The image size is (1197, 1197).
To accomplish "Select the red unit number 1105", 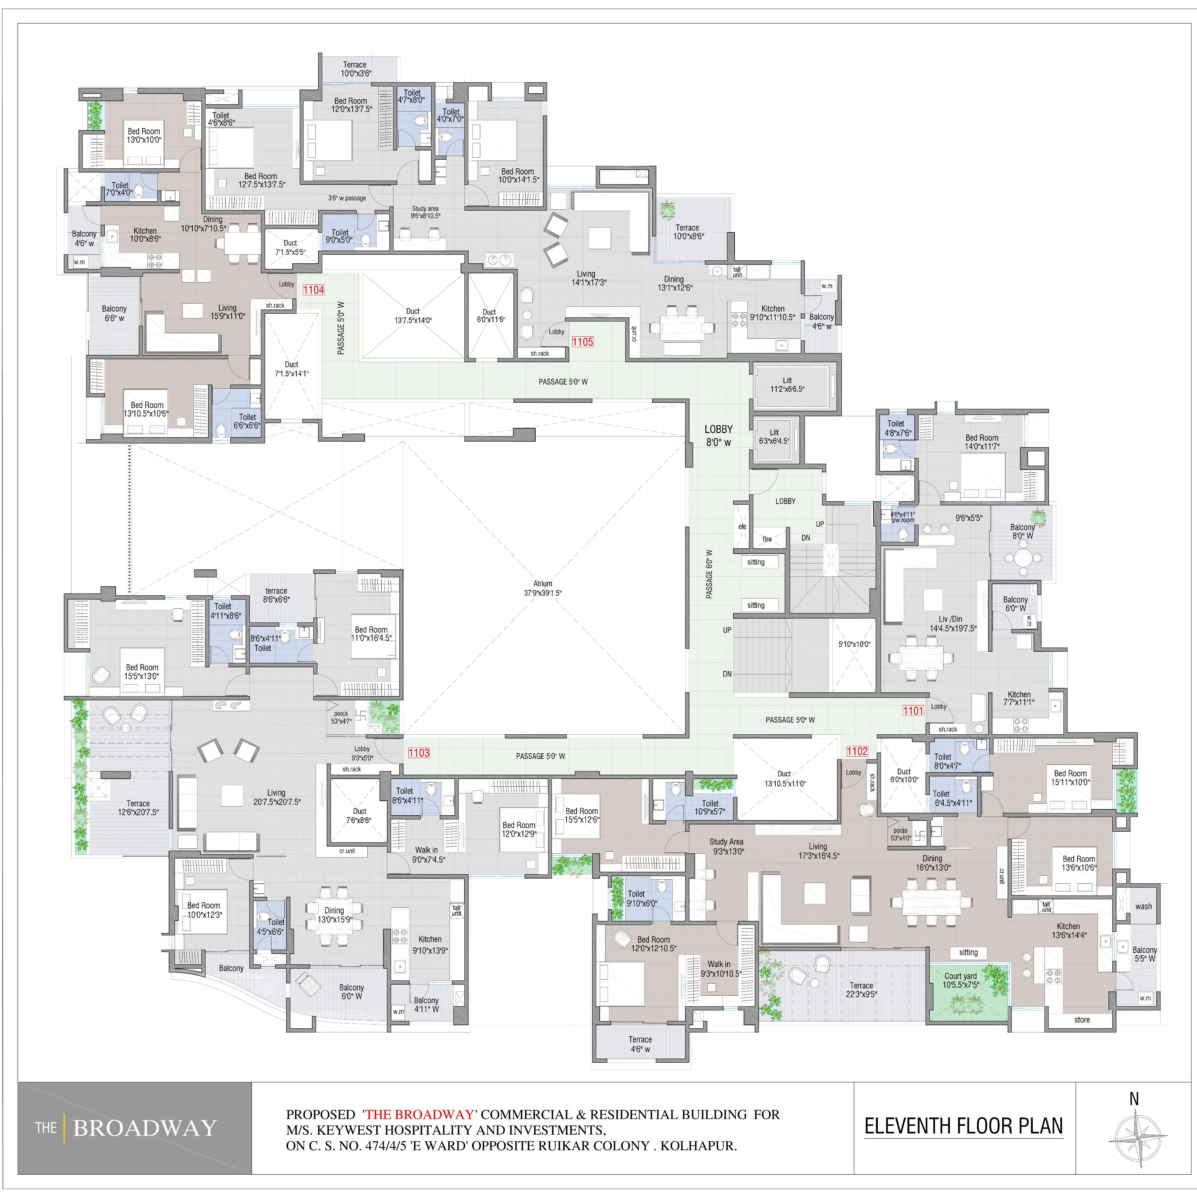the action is pyautogui.click(x=582, y=342).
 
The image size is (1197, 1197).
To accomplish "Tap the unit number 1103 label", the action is pyautogui.click(x=419, y=753).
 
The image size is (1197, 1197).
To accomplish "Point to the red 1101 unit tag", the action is pyautogui.click(x=913, y=711).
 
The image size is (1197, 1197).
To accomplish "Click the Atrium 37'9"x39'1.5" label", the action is pyautogui.click(x=543, y=588).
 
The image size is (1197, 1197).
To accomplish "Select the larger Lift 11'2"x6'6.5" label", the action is pyautogui.click(x=787, y=385).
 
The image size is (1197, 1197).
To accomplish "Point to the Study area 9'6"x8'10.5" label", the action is pyautogui.click(x=426, y=212).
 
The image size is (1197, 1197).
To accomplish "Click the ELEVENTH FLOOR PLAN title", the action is pyautogui.click(x=964, y=1126).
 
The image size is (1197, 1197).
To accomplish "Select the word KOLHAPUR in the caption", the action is pyautogui.click(x=698, y=1146).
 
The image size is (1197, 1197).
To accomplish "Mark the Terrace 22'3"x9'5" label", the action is pyautogui.click(x=861, y=989).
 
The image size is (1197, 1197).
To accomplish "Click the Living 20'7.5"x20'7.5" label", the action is pyautogui.click(x=276, y=797).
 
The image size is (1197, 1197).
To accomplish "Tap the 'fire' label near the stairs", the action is pyautogui.click(x=767, y=539).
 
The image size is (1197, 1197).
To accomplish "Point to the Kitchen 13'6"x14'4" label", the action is pyautogui.click(x=1069, y=931).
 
